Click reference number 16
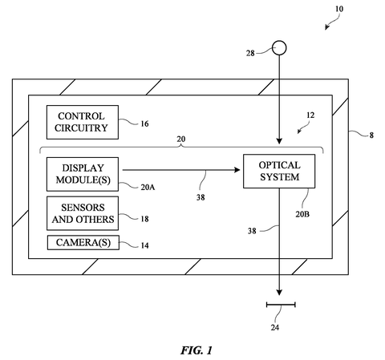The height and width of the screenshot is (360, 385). point(144,123)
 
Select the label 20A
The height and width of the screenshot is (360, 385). point(148,187)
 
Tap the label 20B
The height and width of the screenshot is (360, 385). point(302,214)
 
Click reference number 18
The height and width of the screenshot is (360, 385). point(144,219)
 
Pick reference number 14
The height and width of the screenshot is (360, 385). point(144,245)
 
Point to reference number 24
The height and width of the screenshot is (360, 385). point(275,327)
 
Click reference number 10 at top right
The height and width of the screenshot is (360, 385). point(339,9)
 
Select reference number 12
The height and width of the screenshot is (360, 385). point(310,115)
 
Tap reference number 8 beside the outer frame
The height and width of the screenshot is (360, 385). point(371,136)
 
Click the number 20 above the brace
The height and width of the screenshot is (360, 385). point(181,139)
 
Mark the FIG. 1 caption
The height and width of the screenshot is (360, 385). point(197,350)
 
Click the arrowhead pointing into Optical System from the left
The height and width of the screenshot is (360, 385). point(237,170)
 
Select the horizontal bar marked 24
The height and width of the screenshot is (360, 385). point(281,305)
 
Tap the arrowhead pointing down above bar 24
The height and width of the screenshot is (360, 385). point(279,293)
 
